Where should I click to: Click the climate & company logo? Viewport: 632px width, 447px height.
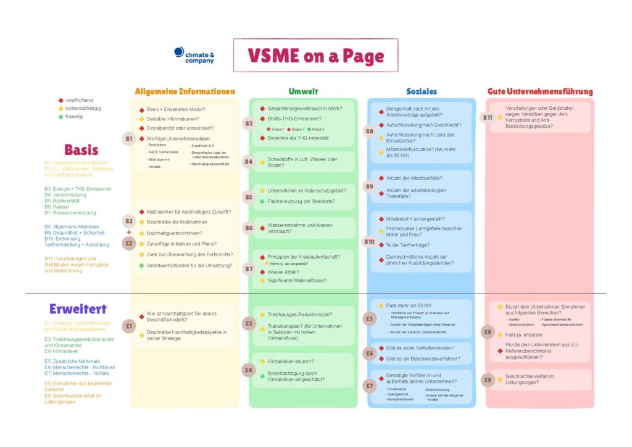pyautogui.click(x=194, y=56)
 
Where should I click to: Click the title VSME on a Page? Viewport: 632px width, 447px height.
pyautogui.click(x=315, y=56)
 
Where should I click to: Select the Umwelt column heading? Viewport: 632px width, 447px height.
pyautogui.click(x=303, y=91)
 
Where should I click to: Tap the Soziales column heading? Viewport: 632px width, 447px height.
pyautogui.click(x=422, y=91)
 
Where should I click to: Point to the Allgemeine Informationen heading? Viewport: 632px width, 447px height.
pyautogui.click(x=185, y=91)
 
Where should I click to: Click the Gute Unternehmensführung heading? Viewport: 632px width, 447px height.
pyautogui.click(x=540, y=91)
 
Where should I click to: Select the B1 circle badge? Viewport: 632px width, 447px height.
pyautogui.click(x=129, y=139)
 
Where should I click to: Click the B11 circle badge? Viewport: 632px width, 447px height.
pyautogui.click(x=488, y=117)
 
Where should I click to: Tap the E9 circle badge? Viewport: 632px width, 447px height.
pyautogui.click(x=488, y=380)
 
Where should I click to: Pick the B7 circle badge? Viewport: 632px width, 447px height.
pyautogui.click(x=249, y=269)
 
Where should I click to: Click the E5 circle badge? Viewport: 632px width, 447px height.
pyautogui.click(x=369, y=319)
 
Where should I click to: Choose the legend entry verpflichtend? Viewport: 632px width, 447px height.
pyautogui.click(x=79, y=100)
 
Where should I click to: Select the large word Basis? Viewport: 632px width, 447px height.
pyautogui.click(x=81, y=149)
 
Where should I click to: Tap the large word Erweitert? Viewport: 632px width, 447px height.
pyautogui.click(x=78, y=309)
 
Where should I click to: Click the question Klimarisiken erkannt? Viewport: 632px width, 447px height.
pyautogui.click(x=291, y=361)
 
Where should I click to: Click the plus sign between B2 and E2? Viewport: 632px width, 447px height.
pyautogui.click(x=128, y=232)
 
